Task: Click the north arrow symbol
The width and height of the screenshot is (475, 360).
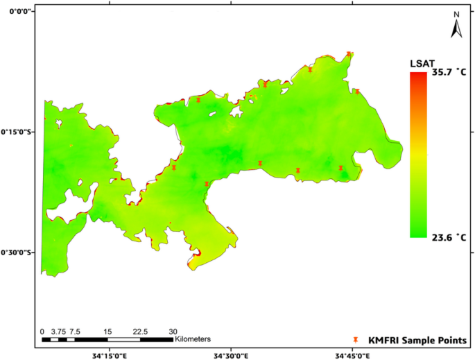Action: coord(457,26)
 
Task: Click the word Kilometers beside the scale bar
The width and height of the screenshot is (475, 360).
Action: coord(193,339)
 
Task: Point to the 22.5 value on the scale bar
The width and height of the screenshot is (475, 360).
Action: coord(140,331)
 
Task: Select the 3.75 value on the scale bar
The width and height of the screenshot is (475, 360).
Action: coord(58,331)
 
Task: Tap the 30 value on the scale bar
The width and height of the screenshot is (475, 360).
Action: coord(173,331)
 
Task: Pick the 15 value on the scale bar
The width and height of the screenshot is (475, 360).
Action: coord(107,331)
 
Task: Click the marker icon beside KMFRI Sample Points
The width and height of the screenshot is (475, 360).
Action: coord(356,340)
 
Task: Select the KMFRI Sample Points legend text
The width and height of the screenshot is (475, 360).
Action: coord(417,340)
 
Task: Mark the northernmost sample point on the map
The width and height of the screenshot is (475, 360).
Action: coord(349,54)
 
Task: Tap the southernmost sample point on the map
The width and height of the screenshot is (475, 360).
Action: coord(207,184)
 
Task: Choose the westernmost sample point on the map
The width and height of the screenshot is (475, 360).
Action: coord(174,167)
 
